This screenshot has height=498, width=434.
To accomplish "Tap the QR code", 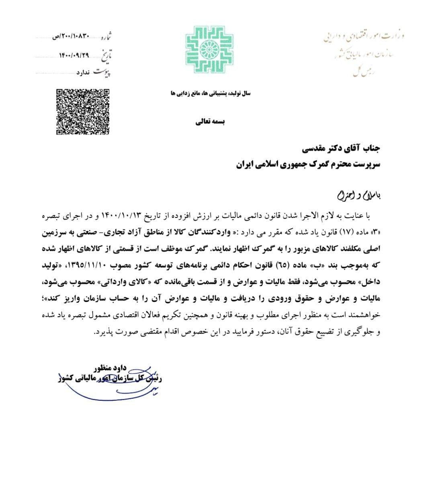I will click(82, 111).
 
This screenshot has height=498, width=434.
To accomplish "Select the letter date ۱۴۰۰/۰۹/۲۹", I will click(74, 55).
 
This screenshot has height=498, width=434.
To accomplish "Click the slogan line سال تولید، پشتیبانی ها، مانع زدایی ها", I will click(211, 93).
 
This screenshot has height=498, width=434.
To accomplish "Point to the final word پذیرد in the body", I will click(103, 333).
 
